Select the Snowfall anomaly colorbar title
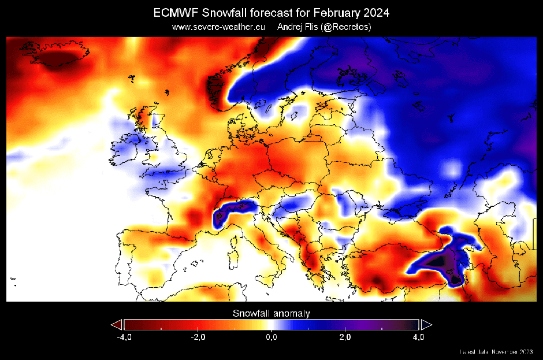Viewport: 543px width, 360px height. [x=271, y=313]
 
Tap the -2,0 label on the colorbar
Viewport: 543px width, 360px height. [x=197, y=337]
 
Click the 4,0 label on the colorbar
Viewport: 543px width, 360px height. [x=419, y=337]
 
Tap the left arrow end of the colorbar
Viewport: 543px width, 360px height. [x=117, y=324]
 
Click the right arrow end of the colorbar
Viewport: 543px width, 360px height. [x=426, y=324]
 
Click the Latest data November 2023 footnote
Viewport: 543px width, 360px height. [x=496, y=351]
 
